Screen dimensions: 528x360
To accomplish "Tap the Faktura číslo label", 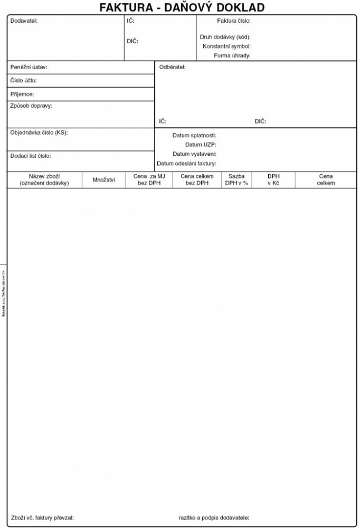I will (x=233, y=21).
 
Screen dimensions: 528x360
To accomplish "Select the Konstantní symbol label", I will (x=226, y=46).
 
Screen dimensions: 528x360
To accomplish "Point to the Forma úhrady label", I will (x=232, y=55).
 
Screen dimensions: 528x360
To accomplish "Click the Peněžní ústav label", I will (x=29, y=68).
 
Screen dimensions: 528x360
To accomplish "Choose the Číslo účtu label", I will (x=24, y=81).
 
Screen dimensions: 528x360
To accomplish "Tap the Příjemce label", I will (x=22, y=94).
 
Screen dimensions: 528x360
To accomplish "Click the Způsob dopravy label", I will (x=31, y=106).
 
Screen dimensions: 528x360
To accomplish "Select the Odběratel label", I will (x=172, y=68).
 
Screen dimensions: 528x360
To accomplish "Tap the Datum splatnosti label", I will (x=194, y=136).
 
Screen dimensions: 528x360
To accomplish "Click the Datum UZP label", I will (x=201, y=145).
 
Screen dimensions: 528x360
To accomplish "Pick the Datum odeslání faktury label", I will (x=186, y=163).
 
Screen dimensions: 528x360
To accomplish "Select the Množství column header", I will (x=103, y=180).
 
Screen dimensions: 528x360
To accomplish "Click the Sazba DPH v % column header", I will (x=236, y=180).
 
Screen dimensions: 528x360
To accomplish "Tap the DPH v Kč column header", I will (x=273, y=180).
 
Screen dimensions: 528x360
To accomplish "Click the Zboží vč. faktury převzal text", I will (x=42, y=518).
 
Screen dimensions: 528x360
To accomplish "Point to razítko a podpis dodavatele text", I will (x=214, y=518).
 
